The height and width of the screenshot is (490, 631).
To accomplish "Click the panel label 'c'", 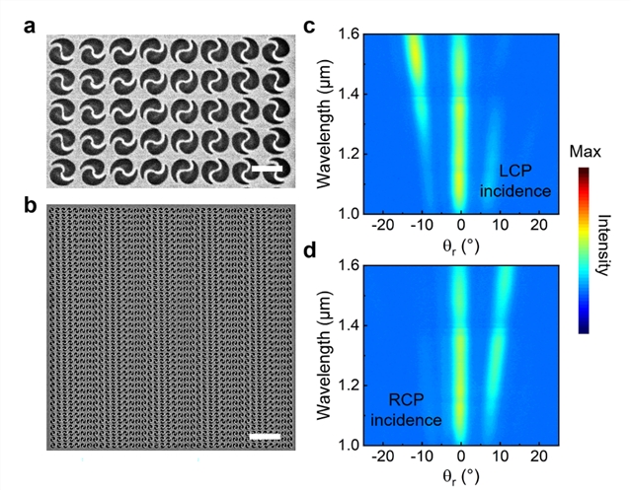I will (309, 27).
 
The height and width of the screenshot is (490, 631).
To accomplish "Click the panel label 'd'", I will (309, 250).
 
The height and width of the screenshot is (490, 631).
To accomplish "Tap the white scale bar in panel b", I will (266, 436).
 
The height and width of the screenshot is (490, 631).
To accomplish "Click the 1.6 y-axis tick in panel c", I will (347, 35).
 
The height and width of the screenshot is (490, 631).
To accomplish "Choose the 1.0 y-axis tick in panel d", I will (347, 445).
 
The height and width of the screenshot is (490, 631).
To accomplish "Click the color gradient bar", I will (584, 250).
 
